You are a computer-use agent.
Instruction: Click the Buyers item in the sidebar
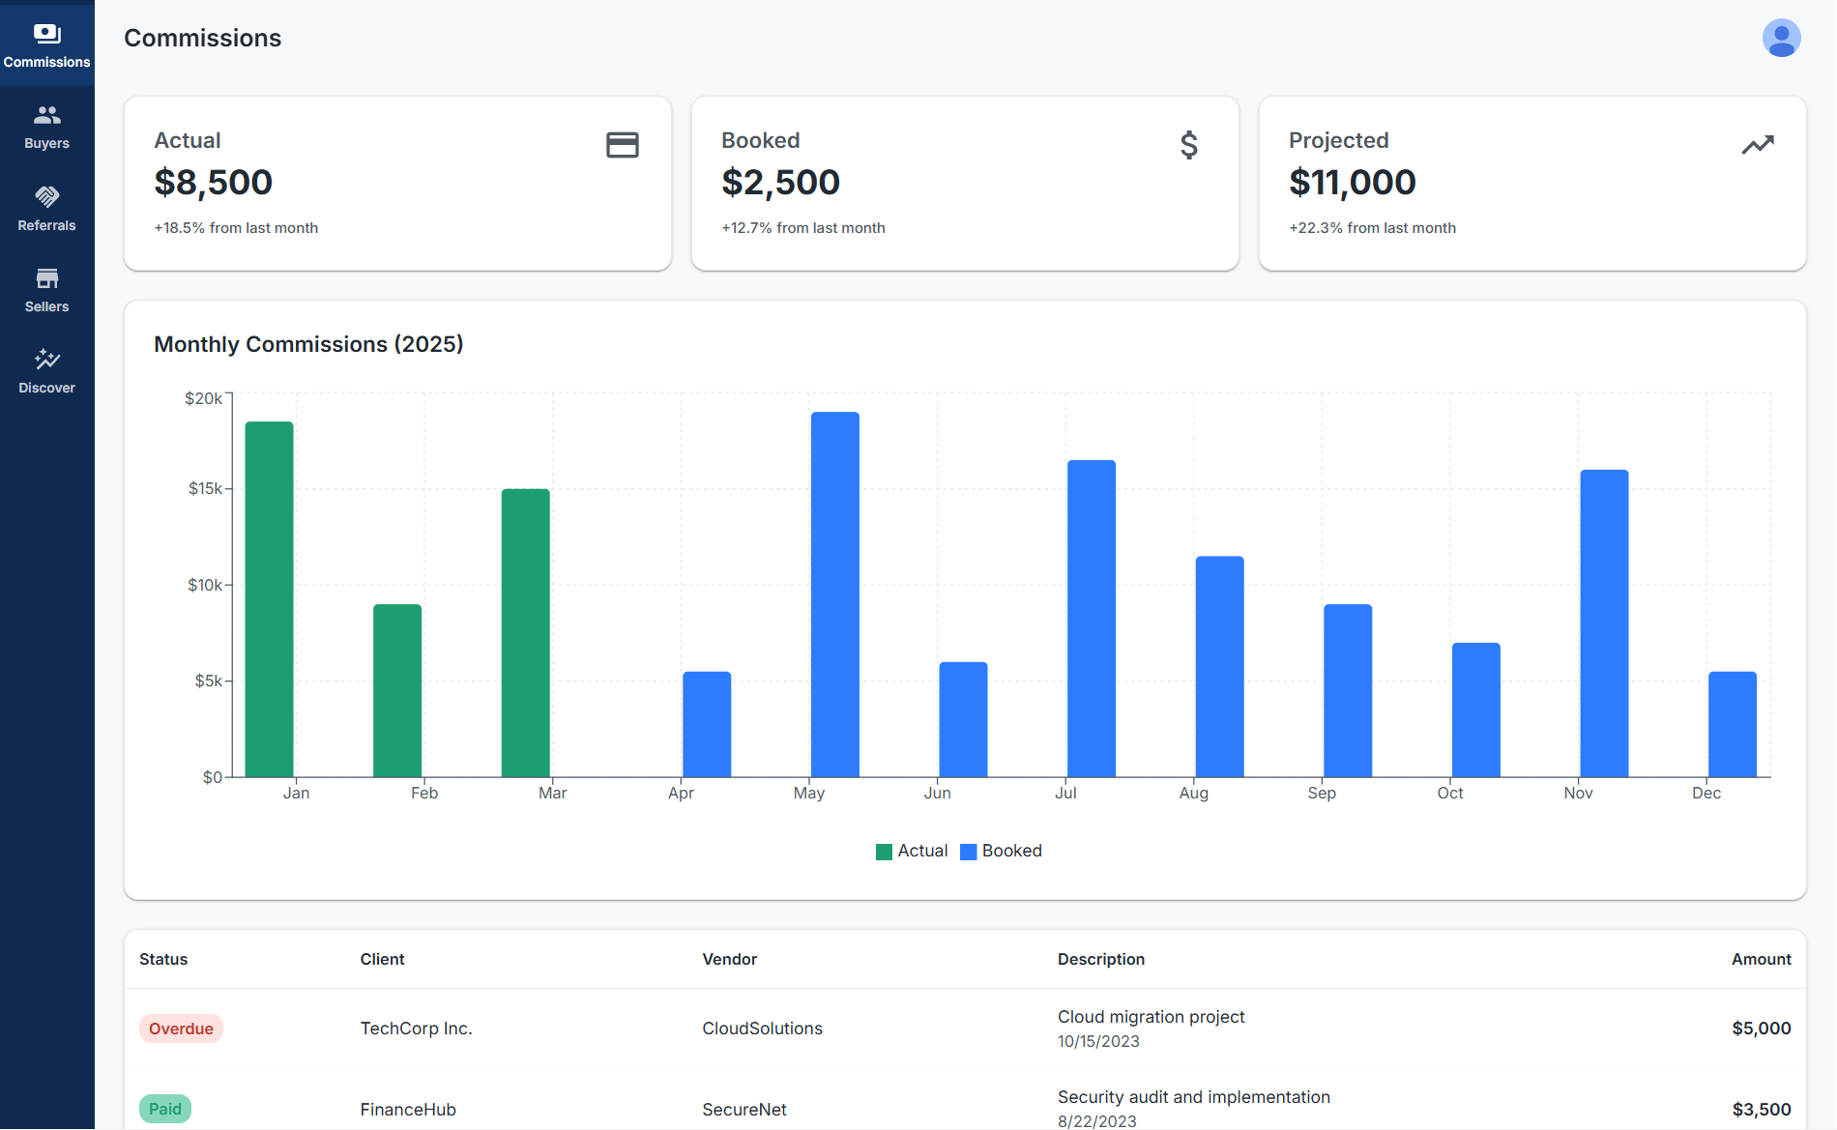(x=46, y=127)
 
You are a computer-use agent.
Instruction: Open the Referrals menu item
(x=46, y=209)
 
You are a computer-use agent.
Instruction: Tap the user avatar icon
(x=1781, y=39)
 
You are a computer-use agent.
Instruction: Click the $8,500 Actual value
(x=214, y=183)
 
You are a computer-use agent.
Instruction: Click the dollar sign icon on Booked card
(x=1188, y=145)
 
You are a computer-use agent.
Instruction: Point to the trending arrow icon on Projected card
(x=1757, y=145)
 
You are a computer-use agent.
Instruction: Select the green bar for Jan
(x=269, y=599)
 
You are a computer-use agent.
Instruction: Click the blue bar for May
(x=834, y=594)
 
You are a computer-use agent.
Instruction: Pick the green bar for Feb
(x=397, y=690)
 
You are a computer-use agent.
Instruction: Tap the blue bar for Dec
(x=1732, y=724)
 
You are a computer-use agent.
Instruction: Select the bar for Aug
(x=1219, y=666)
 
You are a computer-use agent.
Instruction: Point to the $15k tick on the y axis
(x=205, y=489)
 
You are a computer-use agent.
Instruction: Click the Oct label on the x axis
(x=1449, y=793)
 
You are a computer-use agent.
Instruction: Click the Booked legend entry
(x=1002, y=851)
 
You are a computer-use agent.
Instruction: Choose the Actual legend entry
(x=912, y=851)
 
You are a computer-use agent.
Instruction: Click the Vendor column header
(x=729, y=959)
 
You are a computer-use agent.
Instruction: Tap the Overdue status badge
(x=181, y=1029)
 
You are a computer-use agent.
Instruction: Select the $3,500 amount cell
(x=1761, y=1110)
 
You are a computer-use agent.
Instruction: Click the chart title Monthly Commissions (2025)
(x=308, y=344)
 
